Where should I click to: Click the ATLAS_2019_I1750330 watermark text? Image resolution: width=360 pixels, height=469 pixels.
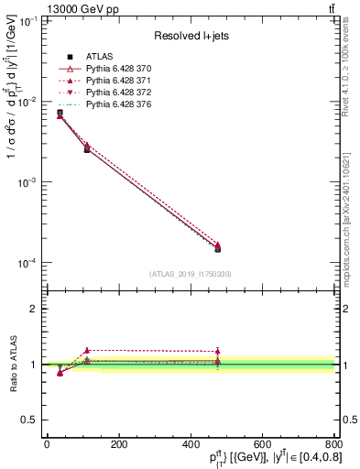pyautogui.click(x=191, y=273)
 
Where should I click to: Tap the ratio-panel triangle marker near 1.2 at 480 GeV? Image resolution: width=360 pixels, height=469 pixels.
pyautogui.click(x=218, y=351)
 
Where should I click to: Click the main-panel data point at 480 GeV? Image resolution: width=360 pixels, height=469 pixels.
pyautogui.click(x=218, y=248)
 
